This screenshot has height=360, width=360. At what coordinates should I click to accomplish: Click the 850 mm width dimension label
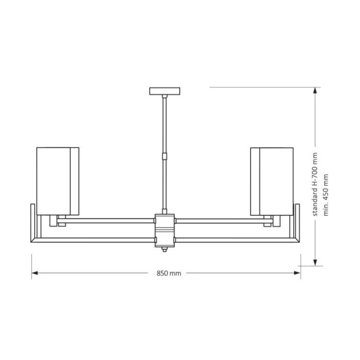168,274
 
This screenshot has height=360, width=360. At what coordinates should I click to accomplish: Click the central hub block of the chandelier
164,230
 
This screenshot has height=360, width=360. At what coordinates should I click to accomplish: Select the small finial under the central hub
164,251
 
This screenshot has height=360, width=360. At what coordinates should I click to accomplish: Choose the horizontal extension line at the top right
262,87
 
